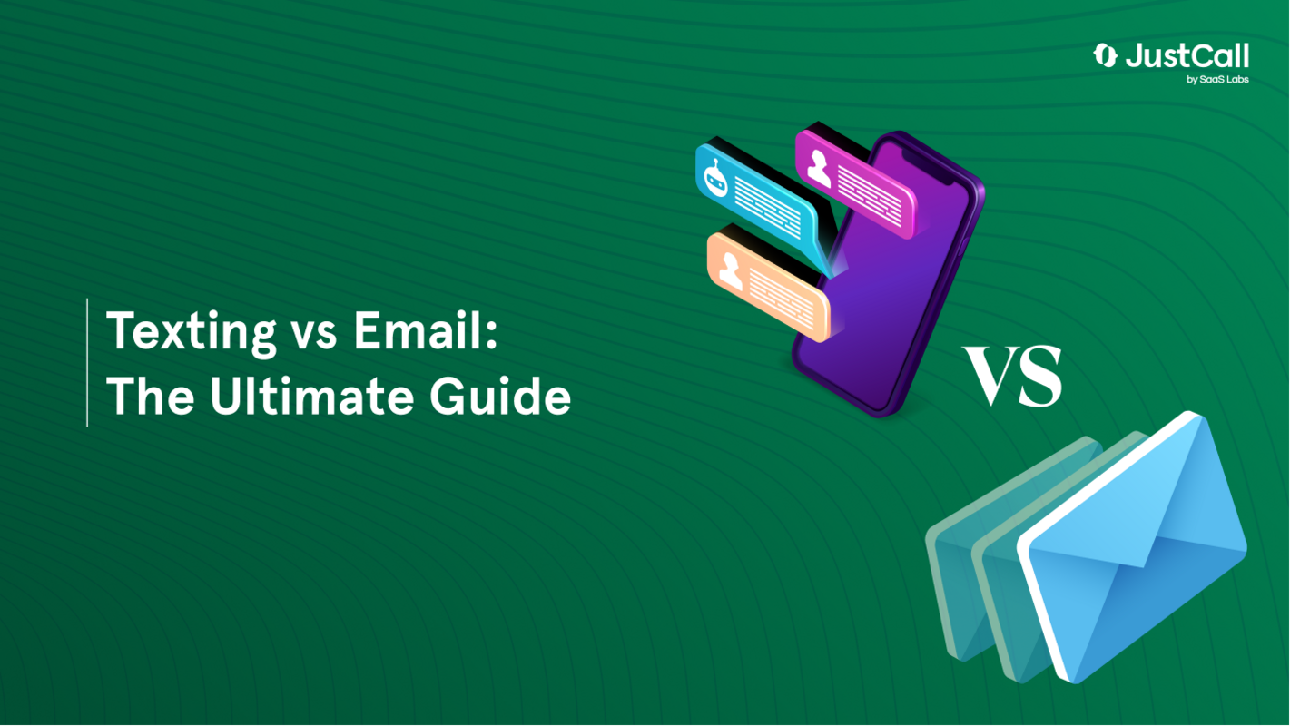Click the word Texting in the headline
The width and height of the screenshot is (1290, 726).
click(191, 332)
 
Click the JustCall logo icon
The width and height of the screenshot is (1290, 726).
click(1105, 56)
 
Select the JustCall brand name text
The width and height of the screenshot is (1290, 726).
click(1187, 57)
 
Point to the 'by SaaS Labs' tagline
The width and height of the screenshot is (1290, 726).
click(1217, 80)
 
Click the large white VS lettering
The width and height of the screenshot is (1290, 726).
click(1013, 376)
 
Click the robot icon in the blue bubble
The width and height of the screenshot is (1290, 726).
click(715, 178)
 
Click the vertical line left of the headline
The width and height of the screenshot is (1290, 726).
click(87, 362)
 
